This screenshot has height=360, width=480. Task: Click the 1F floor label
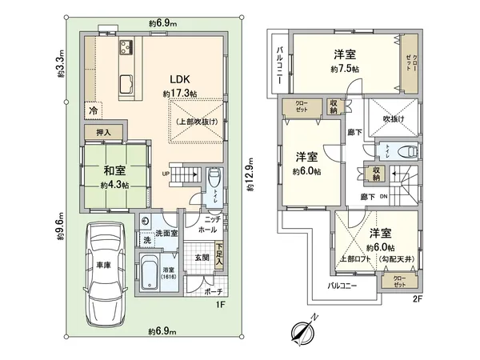point(226,304)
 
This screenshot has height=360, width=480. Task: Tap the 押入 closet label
point(104,131)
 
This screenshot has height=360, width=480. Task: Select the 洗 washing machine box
point(146,239)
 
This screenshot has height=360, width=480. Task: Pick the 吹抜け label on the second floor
point(394,120)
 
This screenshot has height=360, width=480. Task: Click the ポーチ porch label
point(213,293)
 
